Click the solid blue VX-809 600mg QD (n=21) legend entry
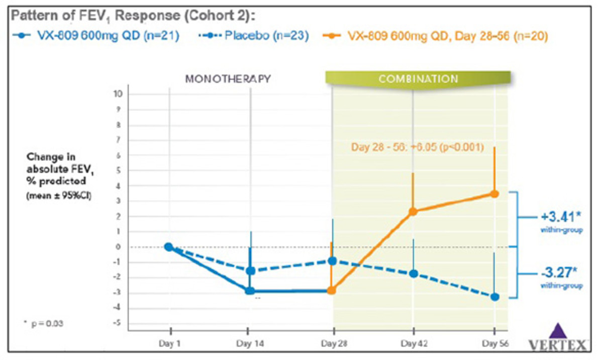pos(95,36)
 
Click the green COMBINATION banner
pos(418,79)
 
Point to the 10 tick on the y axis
pos(119,94)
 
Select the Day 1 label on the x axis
pos(170,344)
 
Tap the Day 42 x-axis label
pos(413,344)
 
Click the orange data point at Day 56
pos(494,194)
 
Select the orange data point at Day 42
pos(413,212)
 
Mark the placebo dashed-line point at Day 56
pos(495,297)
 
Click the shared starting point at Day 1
pos(169,247)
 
